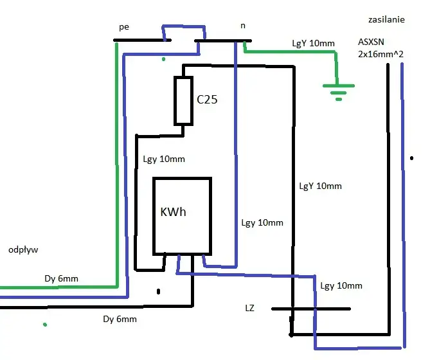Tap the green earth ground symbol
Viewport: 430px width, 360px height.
339,93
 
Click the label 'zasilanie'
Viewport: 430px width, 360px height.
386,19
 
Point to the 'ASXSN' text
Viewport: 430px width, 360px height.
371,42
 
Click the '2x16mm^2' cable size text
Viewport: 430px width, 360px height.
381,54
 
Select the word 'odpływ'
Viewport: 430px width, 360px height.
23,250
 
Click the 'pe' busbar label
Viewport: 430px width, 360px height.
124,27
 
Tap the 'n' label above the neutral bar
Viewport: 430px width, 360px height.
243,26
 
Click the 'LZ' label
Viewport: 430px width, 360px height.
249,308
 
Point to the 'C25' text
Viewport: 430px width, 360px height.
207,99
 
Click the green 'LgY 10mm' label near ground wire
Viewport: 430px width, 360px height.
314,43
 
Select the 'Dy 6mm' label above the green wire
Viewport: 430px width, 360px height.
62,279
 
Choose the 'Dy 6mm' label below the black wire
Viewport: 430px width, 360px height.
120,319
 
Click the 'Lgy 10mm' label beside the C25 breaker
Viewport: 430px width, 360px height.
164,159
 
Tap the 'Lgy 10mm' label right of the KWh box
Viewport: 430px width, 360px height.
262,223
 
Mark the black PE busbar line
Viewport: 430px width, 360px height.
142,40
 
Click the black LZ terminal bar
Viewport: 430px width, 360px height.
311,309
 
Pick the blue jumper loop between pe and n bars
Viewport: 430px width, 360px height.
184,27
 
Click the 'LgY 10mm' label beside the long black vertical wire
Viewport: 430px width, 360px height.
321,186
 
